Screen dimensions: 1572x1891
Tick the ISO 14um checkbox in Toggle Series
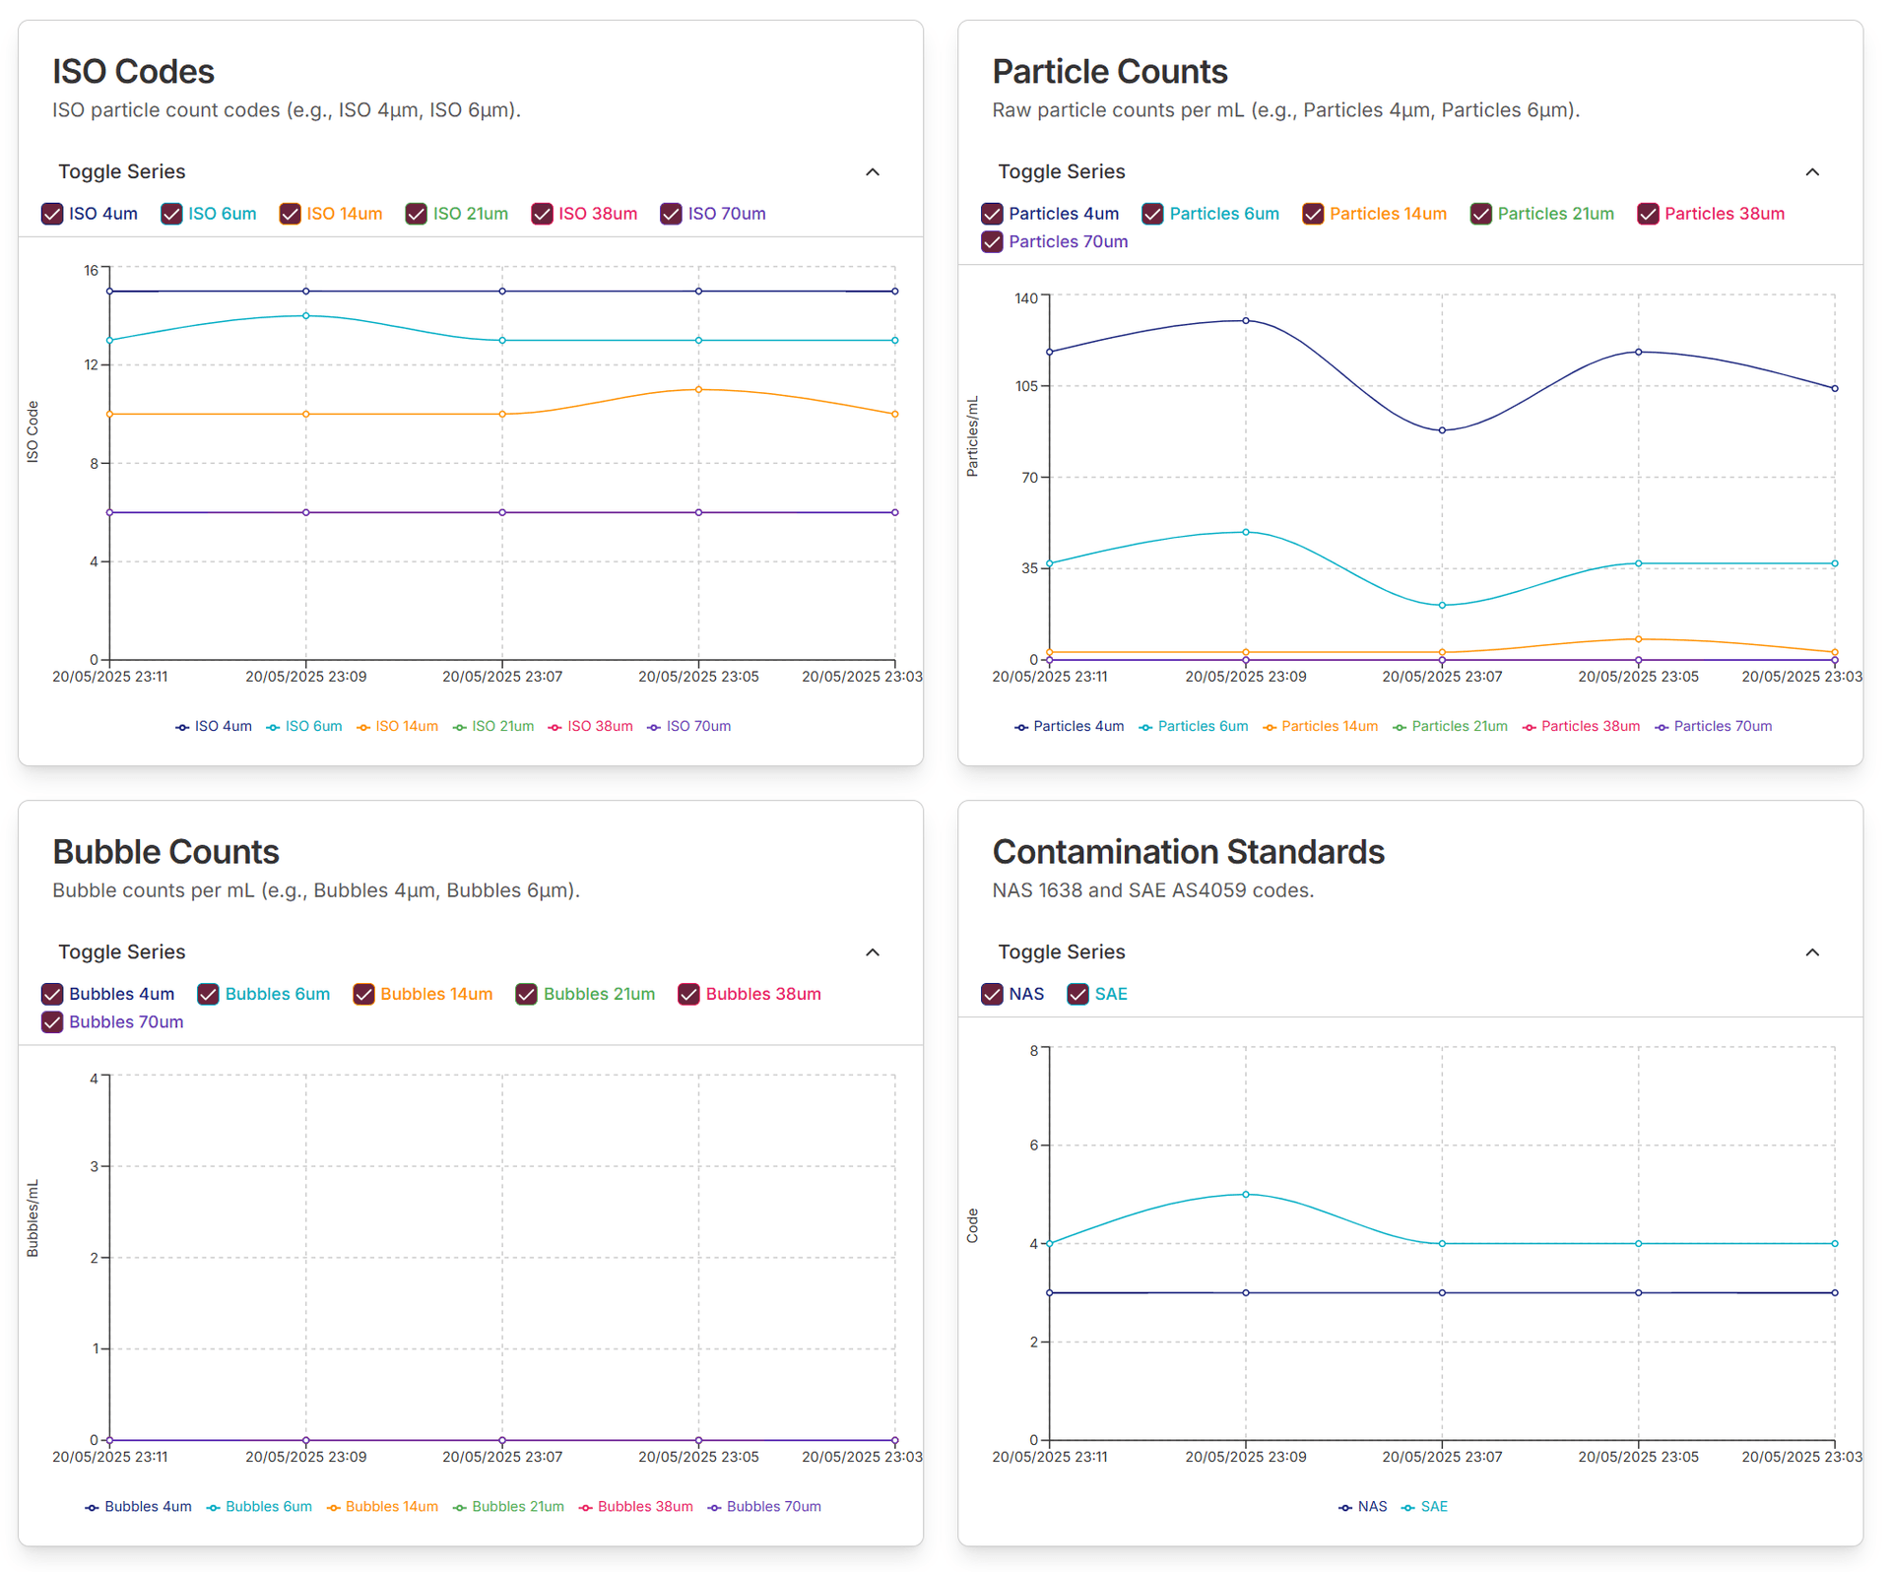(290, 214)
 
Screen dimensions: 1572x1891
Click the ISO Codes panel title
(133, 71)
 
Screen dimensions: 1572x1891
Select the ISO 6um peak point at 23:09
(306, 316)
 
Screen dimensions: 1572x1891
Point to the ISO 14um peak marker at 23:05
(698, 390)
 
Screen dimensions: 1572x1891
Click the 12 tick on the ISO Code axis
(92, 365)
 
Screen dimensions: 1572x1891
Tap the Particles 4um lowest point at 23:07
(1442, 430)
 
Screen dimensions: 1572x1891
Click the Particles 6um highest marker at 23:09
(1246, 532)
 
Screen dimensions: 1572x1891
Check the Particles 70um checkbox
(992, 242)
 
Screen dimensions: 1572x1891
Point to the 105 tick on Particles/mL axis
(1026, 386)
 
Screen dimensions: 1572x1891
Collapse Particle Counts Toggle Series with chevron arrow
(1812, 172)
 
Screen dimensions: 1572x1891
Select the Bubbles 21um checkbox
(527, 995)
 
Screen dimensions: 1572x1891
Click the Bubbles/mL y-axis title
(33, 1218)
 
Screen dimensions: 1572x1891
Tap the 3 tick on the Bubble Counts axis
(95, 1167)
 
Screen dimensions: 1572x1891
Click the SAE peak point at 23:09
(1246, 1195)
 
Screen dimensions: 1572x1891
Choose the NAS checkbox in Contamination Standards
(992, 995)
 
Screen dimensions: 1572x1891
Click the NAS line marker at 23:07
(1442, 1293)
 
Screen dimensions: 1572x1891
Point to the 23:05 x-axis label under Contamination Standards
(1638, 1458)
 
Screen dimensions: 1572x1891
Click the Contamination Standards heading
(1188, 852)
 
